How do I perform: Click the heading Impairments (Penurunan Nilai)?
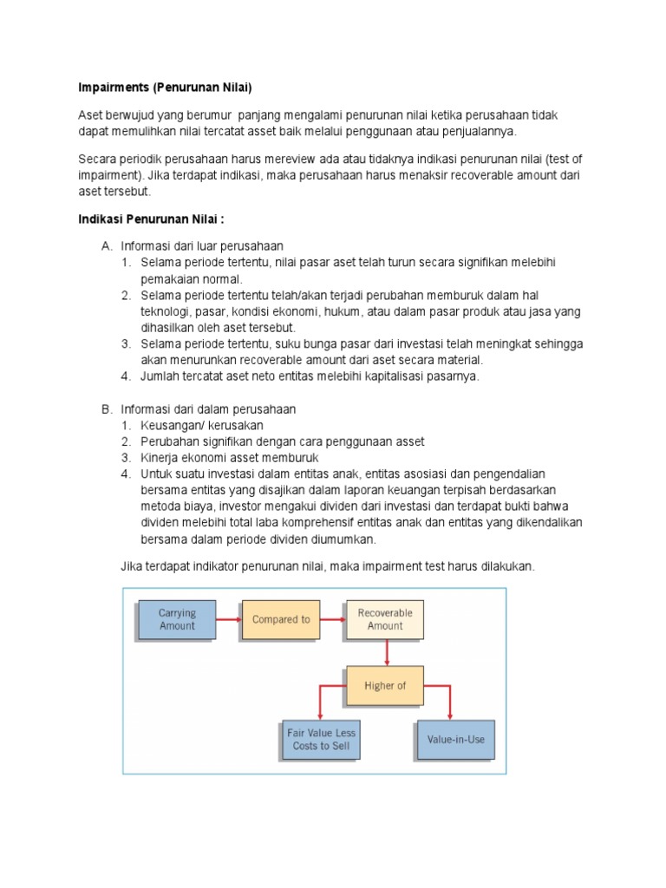click(x=165, y=88)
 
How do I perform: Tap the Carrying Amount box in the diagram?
click(x=177, y=619)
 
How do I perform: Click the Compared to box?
click(x=281, y=619)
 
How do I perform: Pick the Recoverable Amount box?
click(x=385, y=619)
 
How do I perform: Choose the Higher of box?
click(x=385, y=685)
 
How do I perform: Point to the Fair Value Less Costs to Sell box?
click(x=322, y=739)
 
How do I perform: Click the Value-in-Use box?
click(x=456, y=740)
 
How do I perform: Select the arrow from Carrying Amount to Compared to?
click(x=228, y=619)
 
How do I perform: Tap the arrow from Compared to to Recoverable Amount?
click(x=333, y=619)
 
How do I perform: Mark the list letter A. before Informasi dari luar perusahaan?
click(x=107, y=245)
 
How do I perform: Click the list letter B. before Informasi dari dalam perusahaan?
click(x=107, y=408)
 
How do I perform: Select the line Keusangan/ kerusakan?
click(x=201, y=425)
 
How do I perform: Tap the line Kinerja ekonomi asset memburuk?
click(x=230, y=457)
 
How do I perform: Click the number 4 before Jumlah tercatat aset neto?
click(x=126, y=375)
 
